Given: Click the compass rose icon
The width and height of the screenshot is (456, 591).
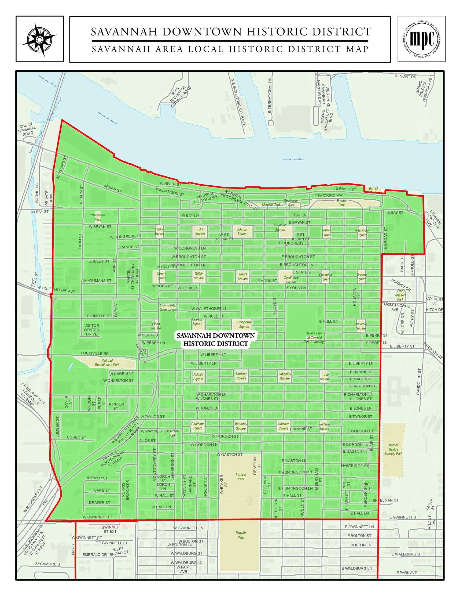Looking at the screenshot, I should click(39, 39).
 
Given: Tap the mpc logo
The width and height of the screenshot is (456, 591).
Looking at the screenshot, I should click(421, 39).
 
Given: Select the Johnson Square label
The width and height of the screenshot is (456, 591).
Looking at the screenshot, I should click(242, 232).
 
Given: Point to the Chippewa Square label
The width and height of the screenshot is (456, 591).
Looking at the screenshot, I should click(244, 325).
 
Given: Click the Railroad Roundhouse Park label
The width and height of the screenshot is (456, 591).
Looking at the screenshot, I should click(107, 363).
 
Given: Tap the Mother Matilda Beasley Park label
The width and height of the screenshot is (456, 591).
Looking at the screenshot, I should click(393, 449).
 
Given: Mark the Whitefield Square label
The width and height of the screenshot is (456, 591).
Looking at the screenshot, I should click(324, 427).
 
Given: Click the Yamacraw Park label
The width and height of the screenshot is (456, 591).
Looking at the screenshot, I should click(98, 217).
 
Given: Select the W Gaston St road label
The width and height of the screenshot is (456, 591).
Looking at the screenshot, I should click(230, 455).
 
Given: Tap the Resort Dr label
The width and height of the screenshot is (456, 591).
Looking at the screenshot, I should click(406, 77).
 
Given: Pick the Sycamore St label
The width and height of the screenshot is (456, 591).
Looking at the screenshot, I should click(49, 564).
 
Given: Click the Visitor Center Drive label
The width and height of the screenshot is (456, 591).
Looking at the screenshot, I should click(91, 330).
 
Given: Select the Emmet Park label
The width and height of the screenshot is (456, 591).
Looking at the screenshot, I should click(341, 203).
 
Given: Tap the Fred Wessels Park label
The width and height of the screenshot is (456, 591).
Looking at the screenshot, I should click(400, 295).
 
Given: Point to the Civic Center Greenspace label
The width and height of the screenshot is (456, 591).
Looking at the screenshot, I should click(168, 307).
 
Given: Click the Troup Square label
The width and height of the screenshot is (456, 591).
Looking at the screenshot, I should click(325, 377).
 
